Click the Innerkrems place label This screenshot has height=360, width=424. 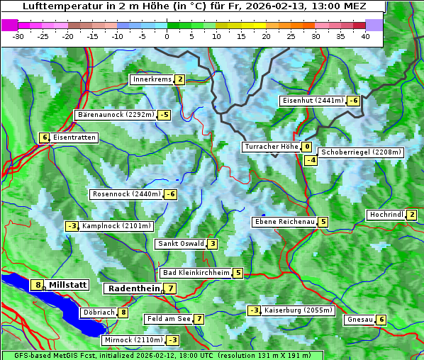(x=152, y=79)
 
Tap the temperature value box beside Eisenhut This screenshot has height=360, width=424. (x=353, y=101)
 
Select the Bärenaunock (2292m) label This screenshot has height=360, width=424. (x=116, y=114)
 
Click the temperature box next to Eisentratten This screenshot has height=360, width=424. (x=44, y=137)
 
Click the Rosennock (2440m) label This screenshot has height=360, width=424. (x=126, y=194)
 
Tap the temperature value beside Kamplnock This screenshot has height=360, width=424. (x=72, y=226)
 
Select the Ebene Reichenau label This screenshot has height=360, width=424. (x=284, y=222)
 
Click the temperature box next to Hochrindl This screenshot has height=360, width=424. (x=413, y=215)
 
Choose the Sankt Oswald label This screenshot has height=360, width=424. (x=180, y=244)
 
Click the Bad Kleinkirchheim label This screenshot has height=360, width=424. (x=196, y=273)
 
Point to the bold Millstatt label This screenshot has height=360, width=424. (x=68, y=285)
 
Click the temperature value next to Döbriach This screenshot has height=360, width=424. (x=123, y=313)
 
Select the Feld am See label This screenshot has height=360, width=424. (x=167, y=319)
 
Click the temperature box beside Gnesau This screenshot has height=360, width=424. (x=381, y=320)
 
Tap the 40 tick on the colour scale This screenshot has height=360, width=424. (x=365, y=36)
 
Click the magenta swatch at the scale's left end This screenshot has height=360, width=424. (x=10, y=24)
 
